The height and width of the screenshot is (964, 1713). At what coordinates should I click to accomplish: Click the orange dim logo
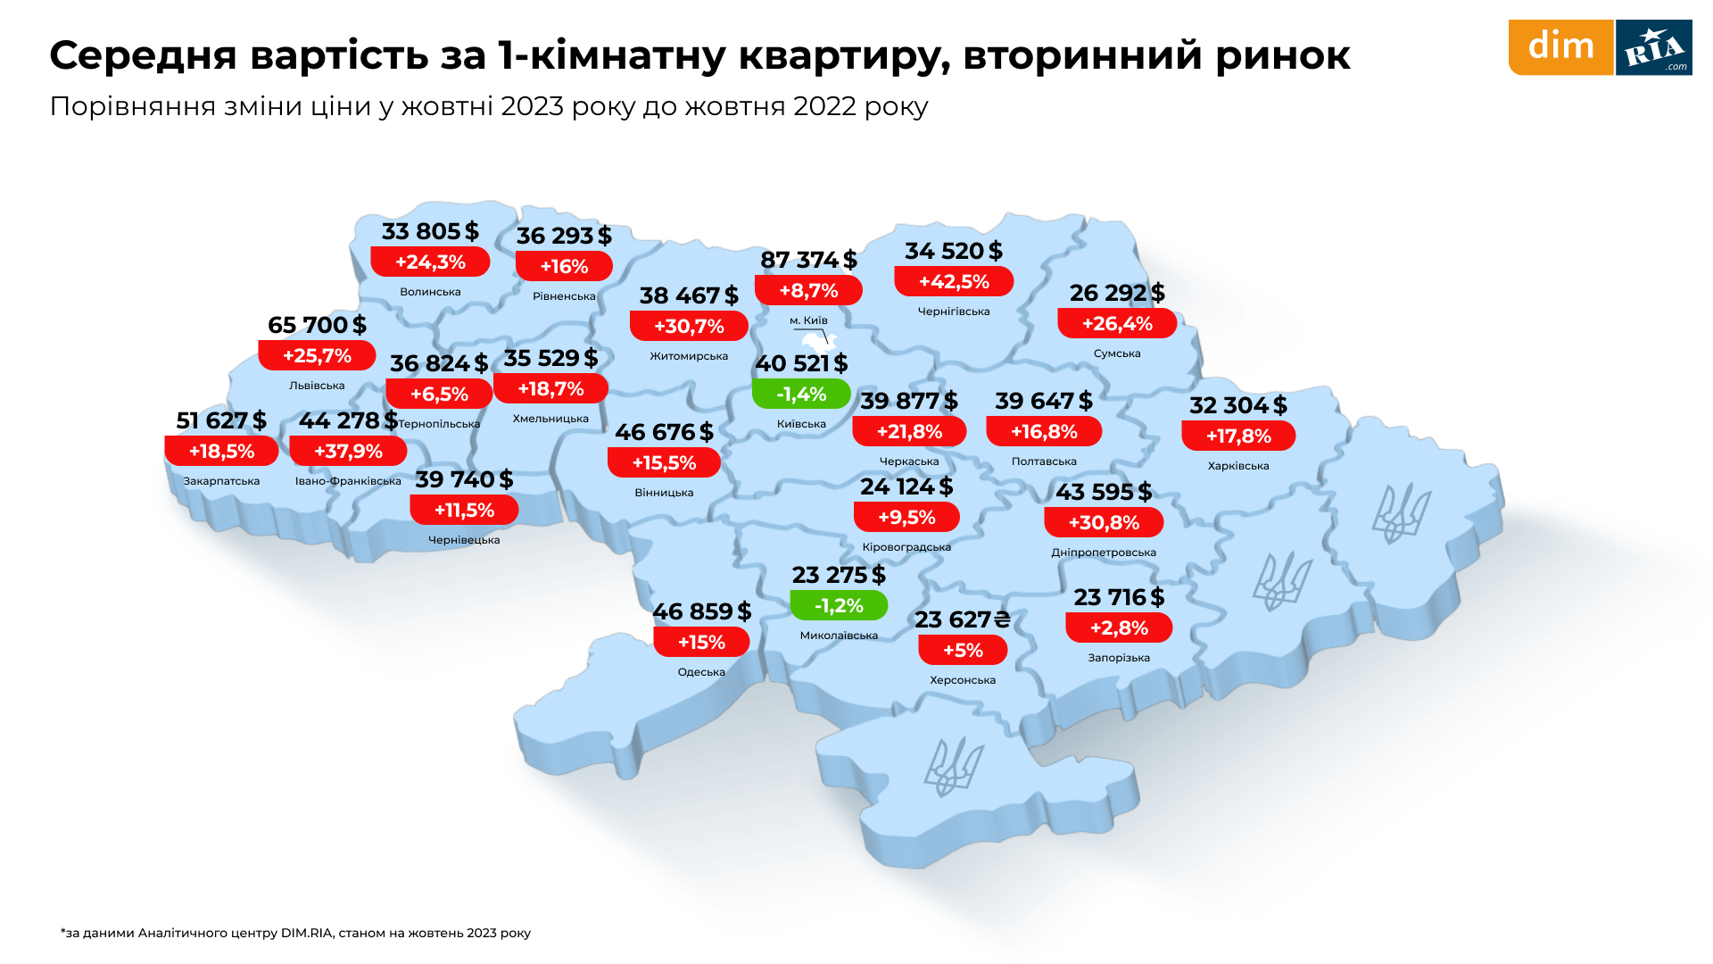(x=1560, y=47)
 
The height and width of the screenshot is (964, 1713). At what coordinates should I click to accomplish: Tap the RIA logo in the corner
(x=1654, y=47)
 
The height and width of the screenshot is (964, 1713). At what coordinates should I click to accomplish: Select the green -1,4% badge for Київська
(x=801, y=394)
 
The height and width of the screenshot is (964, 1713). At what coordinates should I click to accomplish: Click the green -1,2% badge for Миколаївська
(x=839, y=605)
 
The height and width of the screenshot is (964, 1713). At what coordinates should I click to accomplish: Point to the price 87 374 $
(x=808, y=260)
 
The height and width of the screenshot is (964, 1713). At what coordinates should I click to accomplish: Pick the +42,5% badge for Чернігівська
(x=954, y=281)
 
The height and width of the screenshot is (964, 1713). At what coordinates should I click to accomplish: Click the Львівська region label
(x=317, y=386)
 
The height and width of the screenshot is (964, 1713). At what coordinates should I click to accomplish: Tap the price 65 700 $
(x=317, y=325)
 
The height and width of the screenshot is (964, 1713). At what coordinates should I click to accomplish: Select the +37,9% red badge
(x=348, y=451)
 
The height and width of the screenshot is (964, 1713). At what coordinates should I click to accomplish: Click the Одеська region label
(x=701, y=672)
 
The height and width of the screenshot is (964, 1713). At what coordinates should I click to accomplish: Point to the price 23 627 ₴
(x=962, y=619)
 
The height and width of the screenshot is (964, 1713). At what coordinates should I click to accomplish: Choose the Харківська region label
(x=1238, y=466)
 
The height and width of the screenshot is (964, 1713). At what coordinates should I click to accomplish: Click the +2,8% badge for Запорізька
(x=1119, y=627)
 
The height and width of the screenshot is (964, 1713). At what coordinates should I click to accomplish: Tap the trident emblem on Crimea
(x=952, y=768)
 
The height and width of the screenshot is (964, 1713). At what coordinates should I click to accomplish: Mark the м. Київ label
(x=808, y=320)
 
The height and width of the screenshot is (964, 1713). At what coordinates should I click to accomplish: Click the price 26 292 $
(x=1117, y=293)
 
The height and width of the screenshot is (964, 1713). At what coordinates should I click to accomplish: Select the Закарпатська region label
(x=221, y=481)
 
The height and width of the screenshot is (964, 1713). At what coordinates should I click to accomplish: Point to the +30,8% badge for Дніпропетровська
(x=1104, y=522)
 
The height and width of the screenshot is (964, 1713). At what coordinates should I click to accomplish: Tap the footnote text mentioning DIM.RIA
(x=295, y=933)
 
